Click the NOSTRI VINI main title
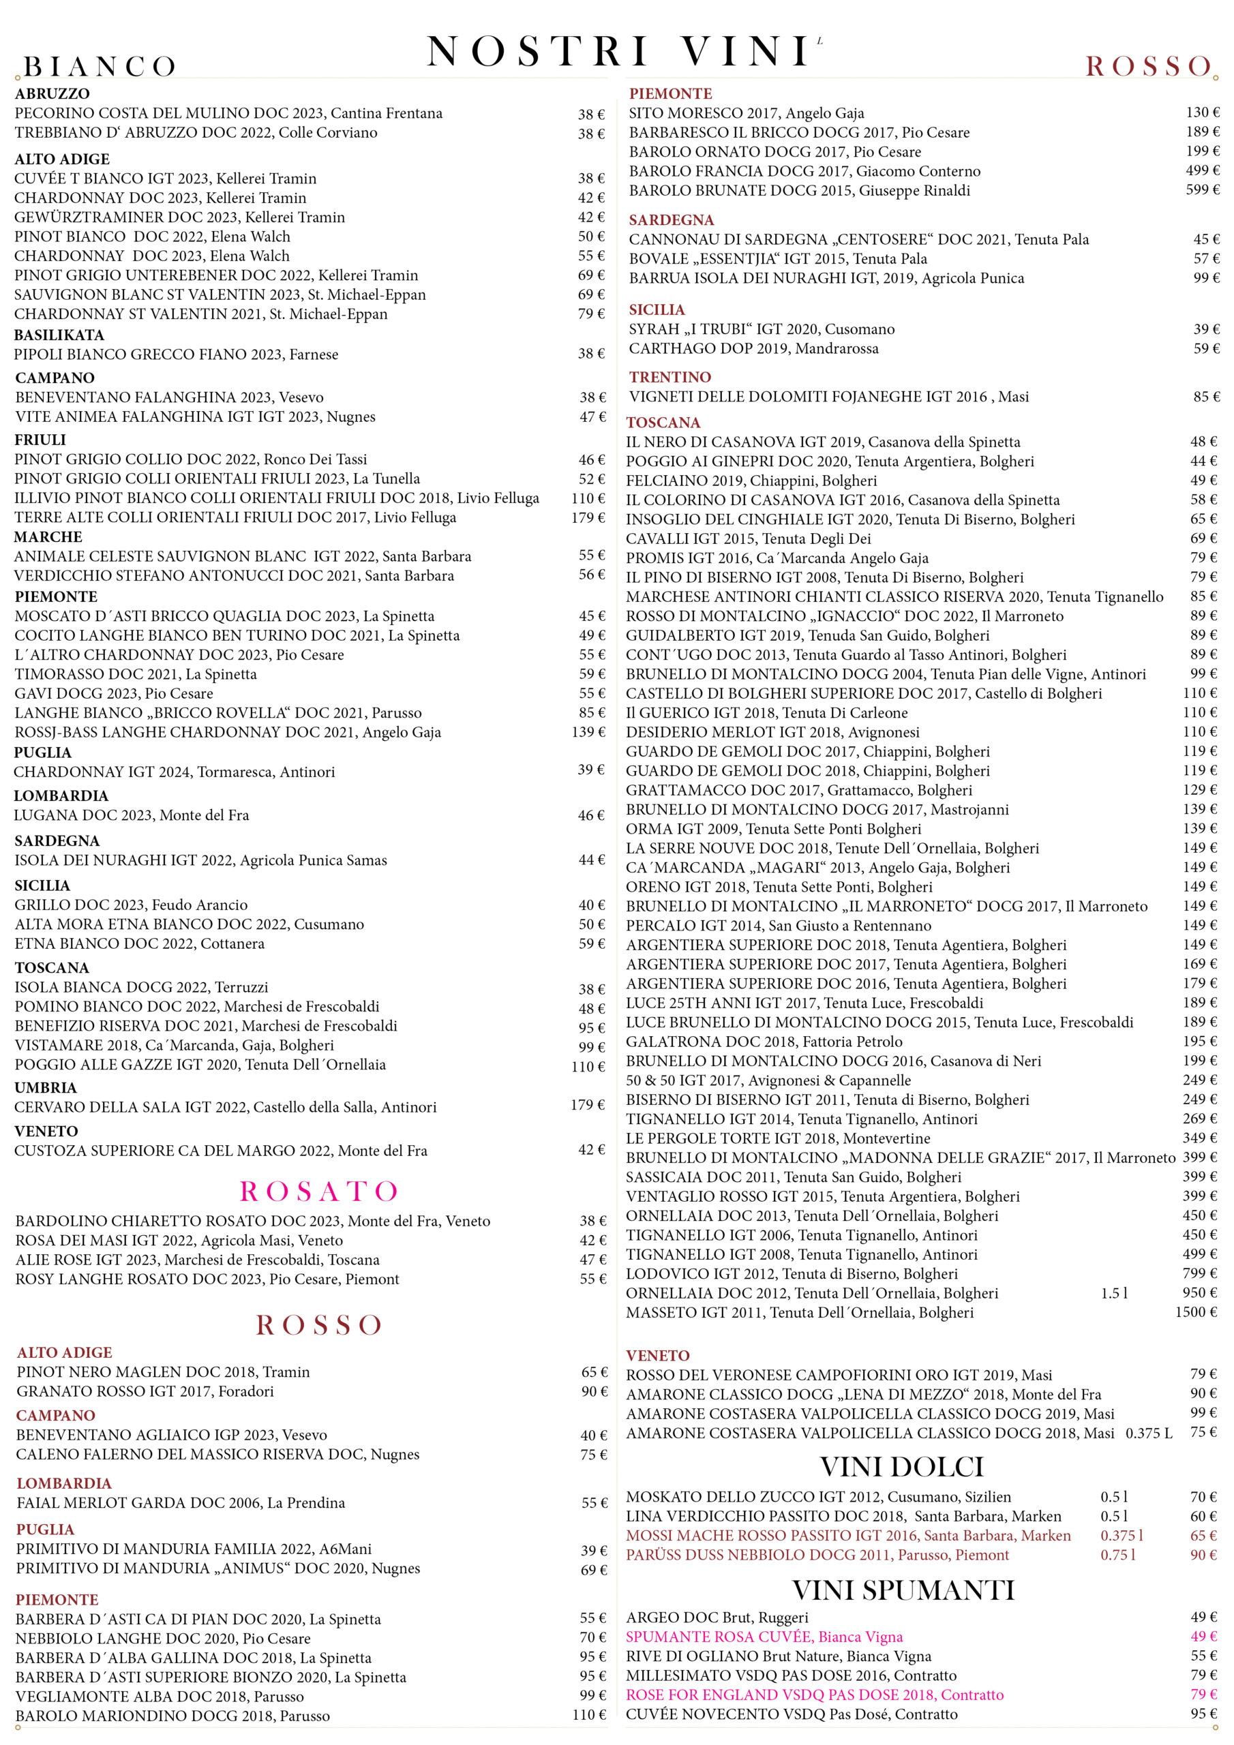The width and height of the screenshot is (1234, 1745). (x=618, y=52)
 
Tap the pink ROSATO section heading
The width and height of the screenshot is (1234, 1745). (x=318, y=1191)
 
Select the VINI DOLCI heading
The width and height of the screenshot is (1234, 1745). (x=902, y=1467)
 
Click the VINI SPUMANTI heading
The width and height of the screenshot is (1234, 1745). (x=903, y=1590)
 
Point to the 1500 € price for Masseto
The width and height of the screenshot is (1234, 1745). (x=1196, y=1311)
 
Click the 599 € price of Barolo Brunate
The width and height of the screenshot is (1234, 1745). (x=1202, y=189)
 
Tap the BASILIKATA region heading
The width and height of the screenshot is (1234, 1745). (x=59, y=335)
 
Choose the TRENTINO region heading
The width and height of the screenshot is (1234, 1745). (x=670, y=377)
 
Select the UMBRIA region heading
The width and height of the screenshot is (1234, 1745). (x=46, y=1088)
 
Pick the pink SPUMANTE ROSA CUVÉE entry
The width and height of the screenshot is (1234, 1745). (x=764, y=1637)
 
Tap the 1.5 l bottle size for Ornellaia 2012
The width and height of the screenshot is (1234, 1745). (x=1114, y=1293)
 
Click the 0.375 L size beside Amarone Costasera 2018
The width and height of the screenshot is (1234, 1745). (x=1148, y=1433)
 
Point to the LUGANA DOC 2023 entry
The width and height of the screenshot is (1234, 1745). (x=132, y=815)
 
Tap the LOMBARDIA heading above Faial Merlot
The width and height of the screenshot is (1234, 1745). (x=64, y=1483)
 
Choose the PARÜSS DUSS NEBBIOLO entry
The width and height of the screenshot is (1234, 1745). (x=817, y=1555)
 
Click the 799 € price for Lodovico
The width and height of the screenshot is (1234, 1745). (x=1199, y=1273)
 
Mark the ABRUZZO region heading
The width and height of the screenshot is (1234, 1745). (x=52, y=93)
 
